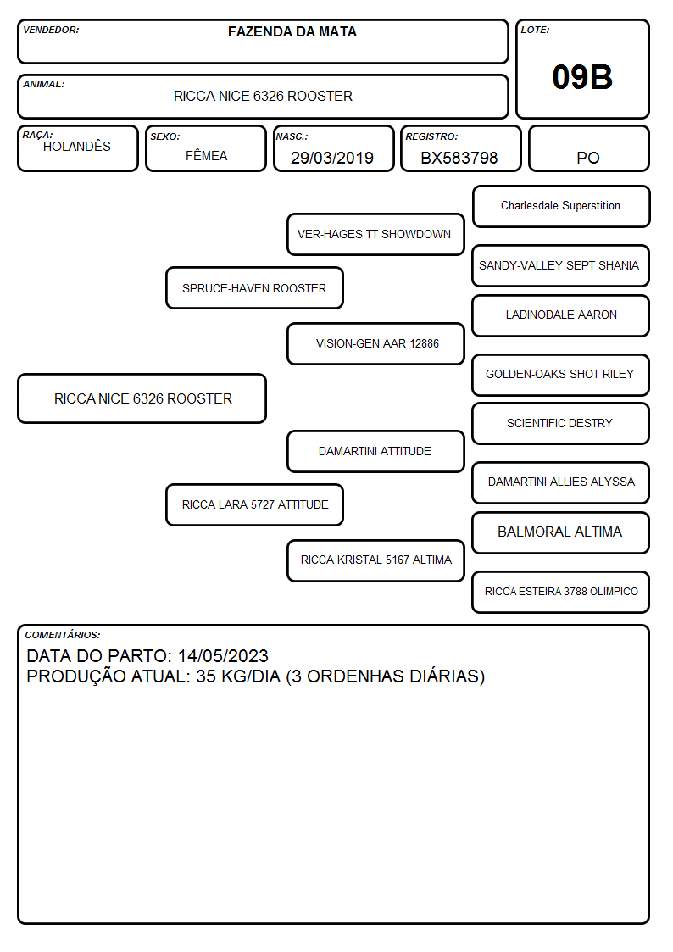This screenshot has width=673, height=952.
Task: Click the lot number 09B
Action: (x=582, y=77)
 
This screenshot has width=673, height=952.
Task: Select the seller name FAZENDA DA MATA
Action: (x=292, y=31)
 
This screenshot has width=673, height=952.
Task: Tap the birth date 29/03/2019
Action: (x=332, y=158)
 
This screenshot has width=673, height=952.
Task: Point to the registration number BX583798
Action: (x=459, y=158)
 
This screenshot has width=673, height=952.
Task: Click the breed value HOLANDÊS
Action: (x=77, y=146)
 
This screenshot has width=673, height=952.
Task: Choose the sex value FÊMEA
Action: (x=206, y=155)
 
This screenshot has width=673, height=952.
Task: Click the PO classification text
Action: (x=588, y=158)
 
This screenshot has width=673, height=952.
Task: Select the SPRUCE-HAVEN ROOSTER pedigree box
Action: (x=254, y=287)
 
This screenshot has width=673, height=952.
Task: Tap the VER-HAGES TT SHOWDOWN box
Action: (x=375, y=234)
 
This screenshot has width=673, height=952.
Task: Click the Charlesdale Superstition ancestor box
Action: (x=561, y=207)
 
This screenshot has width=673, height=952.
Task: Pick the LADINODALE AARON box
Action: (x=561, y=315)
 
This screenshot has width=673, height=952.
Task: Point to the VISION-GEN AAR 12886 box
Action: (x=375, y=343)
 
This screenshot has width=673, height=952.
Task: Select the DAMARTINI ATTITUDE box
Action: (x=375, y=451)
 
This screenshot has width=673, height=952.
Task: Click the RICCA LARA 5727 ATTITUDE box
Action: (x=254, y=504)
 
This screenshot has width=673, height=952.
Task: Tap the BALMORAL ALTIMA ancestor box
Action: (x=561, y=532)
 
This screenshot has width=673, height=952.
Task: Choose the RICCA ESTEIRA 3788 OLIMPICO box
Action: (x=561, y=592)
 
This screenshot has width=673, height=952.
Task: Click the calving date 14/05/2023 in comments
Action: (x=223, y=655)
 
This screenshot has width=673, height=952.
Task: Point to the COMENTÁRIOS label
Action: (x=63, y=635)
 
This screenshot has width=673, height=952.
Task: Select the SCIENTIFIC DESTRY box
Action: (x=561, y=423)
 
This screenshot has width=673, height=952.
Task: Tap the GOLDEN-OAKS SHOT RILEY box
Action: (x=561, y=375)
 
